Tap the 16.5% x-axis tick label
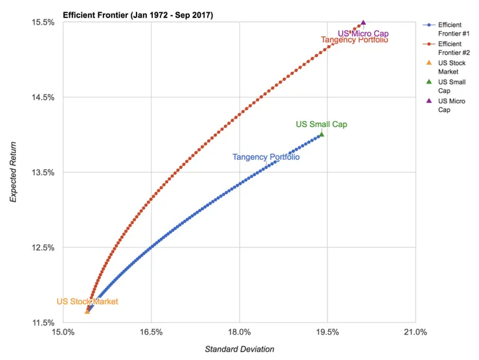coord(151,333)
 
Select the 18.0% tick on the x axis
coord(239,333)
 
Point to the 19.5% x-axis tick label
coord(327,333)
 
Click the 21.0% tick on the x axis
coord(415,333)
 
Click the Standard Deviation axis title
coord(240,350)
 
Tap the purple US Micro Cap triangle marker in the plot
coord(363,23)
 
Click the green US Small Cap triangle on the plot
coord(321,134)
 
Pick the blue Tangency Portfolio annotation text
coord(265,157)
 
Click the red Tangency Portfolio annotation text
coord(354,40)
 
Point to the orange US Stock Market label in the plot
coord(87,302)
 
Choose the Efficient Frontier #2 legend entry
coord(453,47)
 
